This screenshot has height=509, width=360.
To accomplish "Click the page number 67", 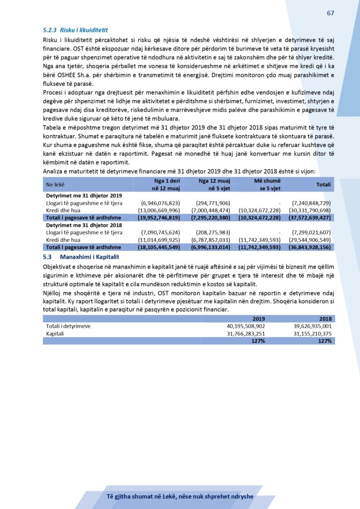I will click(x=330, y=13).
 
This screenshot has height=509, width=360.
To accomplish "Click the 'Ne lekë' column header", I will click(x=55, y=185).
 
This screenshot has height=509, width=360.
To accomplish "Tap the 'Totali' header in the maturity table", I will click(x=323, y=185).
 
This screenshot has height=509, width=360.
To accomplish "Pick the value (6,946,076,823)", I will click(x=160, y=203).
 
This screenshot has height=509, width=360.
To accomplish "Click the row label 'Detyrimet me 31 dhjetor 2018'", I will click(x=84, y=225).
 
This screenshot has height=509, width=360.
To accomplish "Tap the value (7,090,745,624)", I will click(x=160, y=232).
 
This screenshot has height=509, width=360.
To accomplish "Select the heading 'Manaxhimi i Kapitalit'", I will click(x=90, y=257).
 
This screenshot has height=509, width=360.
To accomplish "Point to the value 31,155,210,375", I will click(x=309, y=334).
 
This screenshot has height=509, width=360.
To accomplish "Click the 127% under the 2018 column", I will click(x=324, y=341).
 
